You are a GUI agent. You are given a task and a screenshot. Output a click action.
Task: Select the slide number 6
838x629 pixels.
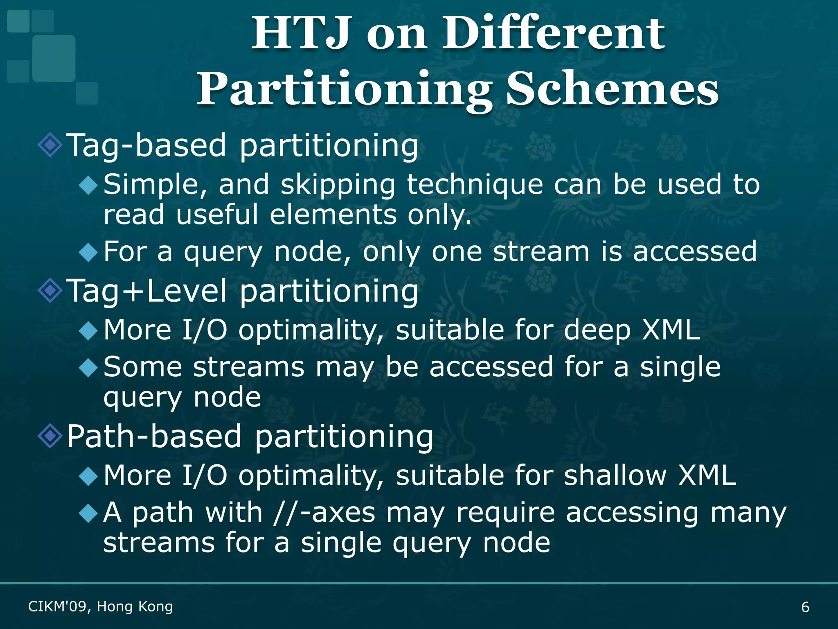coord(805,607)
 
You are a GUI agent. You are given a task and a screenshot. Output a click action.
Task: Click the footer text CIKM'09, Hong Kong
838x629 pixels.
coord(100,606)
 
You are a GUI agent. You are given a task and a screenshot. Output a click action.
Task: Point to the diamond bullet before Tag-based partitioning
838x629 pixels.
coord(50,145)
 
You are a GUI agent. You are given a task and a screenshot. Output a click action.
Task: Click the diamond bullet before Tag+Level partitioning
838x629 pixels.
coord(50,290)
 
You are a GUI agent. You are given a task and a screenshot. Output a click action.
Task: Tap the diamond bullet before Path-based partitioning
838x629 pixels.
coord(50,436)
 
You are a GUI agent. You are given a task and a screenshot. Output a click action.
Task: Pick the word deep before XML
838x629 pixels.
coord(597,330)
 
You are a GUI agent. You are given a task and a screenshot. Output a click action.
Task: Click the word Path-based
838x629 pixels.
coord(154,436)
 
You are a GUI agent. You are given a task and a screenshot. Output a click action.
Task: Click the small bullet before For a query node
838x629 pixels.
coord(88,252)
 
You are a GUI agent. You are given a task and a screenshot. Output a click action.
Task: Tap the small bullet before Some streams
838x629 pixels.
coord(88,367)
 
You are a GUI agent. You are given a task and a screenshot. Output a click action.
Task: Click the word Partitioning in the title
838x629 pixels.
coord(345,89)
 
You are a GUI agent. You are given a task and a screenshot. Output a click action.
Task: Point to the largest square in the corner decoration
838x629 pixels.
coord(54,58)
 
